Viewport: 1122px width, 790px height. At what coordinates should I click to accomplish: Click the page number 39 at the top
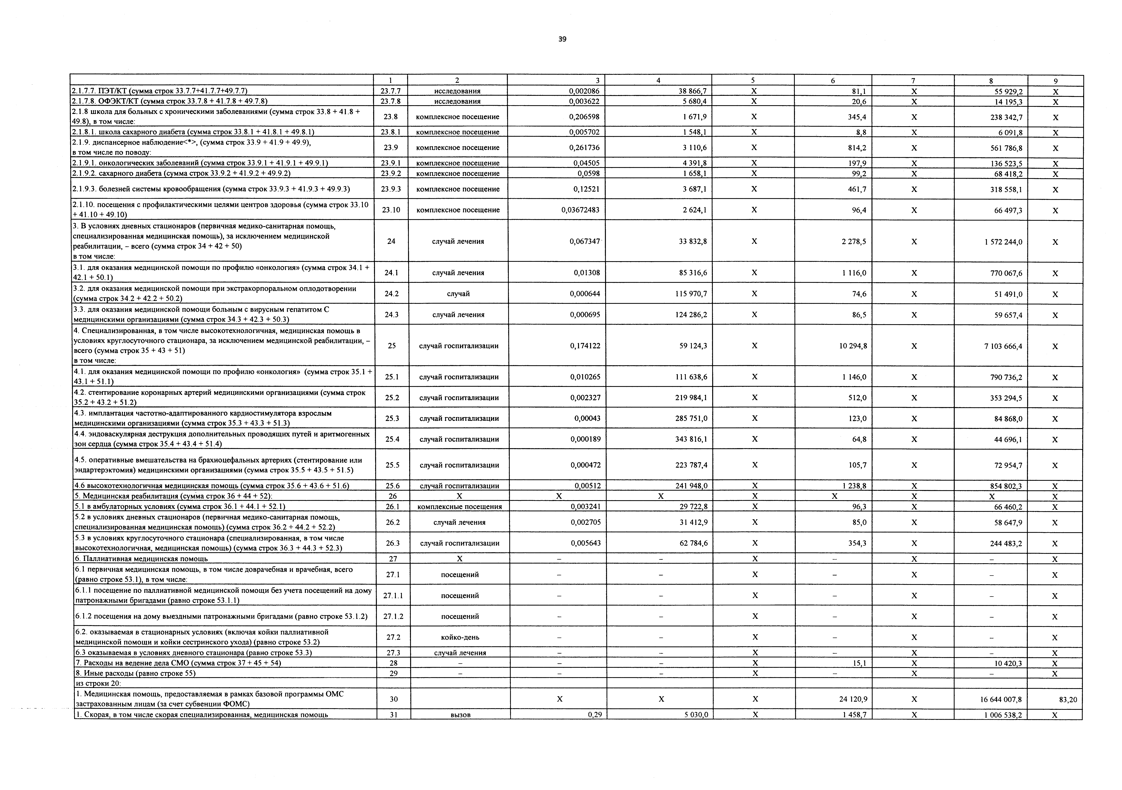[562, 39]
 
